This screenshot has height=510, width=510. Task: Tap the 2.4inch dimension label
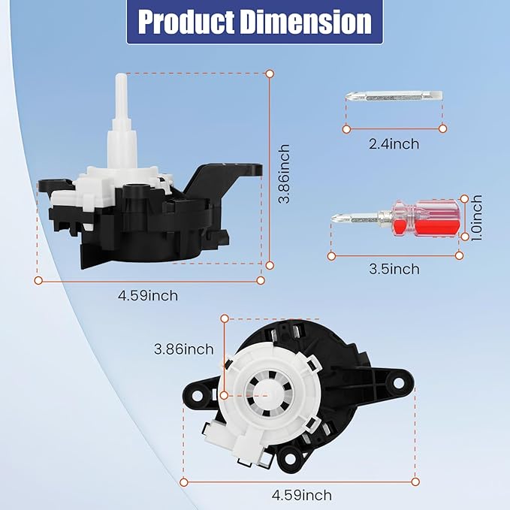tap(394, 143)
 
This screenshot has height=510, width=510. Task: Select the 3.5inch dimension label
tap(395, 268)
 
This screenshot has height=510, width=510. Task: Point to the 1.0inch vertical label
tap(477, 218)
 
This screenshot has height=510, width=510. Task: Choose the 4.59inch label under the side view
tap(148, 295)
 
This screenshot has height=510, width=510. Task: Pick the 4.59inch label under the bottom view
tap(301, 495)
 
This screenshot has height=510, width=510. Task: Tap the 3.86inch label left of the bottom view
tap(183, 349)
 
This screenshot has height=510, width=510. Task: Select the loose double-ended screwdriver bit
tap(394, 96)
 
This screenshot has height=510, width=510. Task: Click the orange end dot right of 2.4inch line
tap(443, 128)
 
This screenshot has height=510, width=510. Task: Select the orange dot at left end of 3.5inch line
tap(330, 255)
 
